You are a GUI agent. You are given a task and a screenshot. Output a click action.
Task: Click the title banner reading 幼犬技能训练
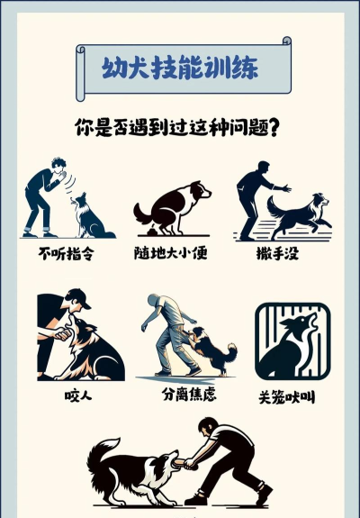pos(183,70)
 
